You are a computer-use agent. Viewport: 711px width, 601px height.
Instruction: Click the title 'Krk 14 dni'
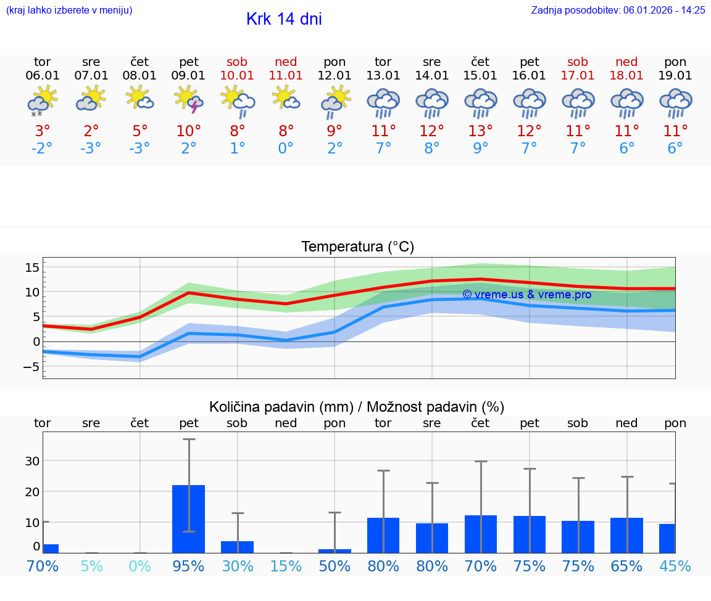point(284,19)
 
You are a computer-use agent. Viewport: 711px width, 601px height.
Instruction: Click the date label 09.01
point(188,76)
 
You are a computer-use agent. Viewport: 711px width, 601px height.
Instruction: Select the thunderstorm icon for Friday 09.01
point(188,100)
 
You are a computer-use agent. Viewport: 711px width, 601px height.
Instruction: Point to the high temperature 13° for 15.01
point(480,131)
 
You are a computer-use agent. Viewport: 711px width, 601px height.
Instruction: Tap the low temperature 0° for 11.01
point(286,149)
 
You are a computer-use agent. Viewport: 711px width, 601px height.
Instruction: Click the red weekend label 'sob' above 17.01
point(578,62)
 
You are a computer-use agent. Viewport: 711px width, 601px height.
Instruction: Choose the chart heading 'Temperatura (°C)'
point(357,247)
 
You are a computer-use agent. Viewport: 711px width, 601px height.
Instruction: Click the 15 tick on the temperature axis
point(32,267)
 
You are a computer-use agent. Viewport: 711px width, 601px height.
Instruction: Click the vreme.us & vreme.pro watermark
point(526,295)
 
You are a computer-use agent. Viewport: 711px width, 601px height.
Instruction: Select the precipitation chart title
point(357,407)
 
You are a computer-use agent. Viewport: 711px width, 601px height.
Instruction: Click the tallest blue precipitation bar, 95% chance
point(188,519)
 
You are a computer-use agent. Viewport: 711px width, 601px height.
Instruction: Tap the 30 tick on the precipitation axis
point(32,460)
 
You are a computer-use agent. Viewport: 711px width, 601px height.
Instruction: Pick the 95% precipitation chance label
point(188,566)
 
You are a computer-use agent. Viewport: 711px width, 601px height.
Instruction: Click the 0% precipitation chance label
point(140,566)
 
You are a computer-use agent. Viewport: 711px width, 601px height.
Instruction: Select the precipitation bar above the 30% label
point(237,547)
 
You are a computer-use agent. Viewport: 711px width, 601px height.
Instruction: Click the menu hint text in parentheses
point(69,10)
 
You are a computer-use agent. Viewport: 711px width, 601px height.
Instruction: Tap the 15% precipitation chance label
point(286,566)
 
